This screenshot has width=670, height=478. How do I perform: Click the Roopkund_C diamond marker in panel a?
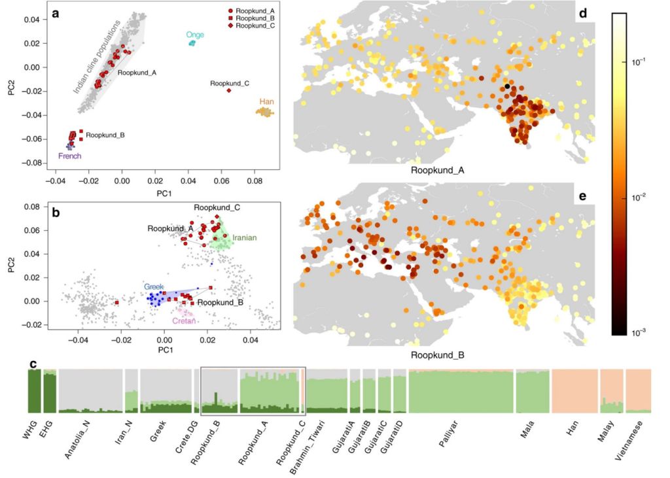(229, 90)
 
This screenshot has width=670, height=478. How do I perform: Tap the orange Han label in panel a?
(267, 101)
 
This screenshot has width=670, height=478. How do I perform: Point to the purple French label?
(70, 156)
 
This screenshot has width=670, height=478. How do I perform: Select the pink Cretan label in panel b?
(185, 320)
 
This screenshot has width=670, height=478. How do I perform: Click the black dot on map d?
(507, 86)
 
